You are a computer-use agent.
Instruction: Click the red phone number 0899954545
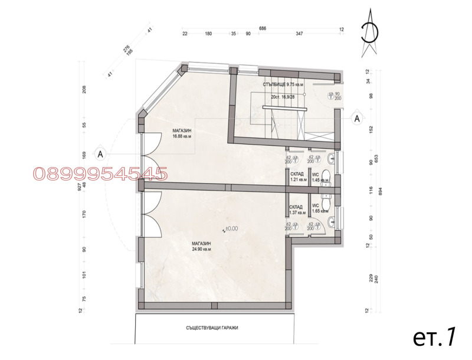click(x=100, y=174)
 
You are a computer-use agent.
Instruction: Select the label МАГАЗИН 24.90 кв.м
click(x=201, y=246)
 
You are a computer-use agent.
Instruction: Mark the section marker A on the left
click(x=100, y=155)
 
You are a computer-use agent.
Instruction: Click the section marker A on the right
click(x=356, y=118)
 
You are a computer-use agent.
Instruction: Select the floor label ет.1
click(x=434, y=337)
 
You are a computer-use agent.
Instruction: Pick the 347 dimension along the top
click(x=299, y=34)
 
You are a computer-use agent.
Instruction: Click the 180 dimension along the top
click(x=208, y=34)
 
